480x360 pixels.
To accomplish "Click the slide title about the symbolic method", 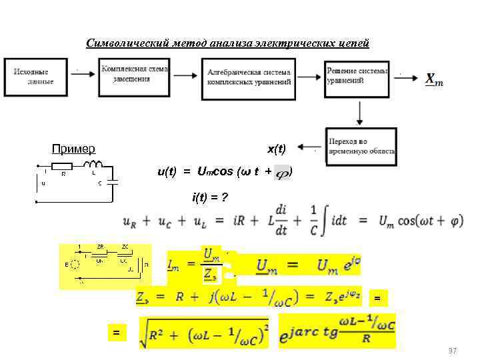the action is pos(227,43).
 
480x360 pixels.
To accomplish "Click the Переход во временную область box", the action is pos(360,147).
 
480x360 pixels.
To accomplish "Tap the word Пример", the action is pos(73,149).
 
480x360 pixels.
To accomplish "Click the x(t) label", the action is pos(276,148).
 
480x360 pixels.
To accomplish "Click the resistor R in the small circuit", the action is pos(62,166).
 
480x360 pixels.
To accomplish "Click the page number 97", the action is pos(453,350).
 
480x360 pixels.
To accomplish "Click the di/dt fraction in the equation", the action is pos(280,219).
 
